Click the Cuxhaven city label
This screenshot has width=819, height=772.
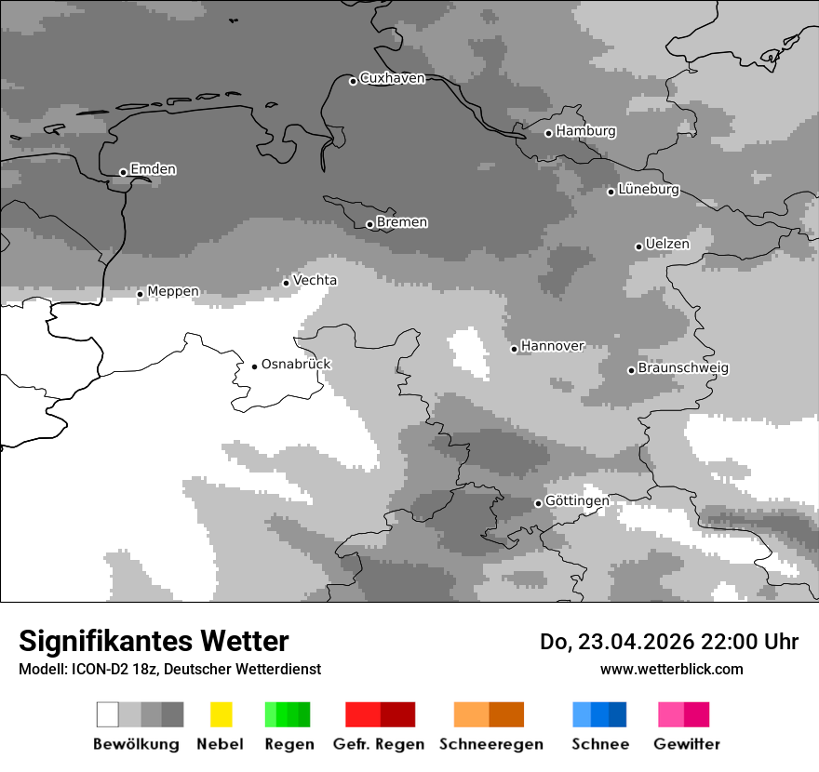pos(392,78)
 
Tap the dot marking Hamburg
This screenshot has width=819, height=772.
pos(548,133)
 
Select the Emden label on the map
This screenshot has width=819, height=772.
pos(153,169)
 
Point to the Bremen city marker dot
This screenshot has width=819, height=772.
pos(369,224)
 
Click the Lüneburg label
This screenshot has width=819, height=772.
pos(649,190)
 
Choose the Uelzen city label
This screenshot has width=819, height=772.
pos(667,245)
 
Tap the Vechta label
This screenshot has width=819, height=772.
pos(315,280)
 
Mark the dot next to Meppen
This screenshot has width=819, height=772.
pos(140,294)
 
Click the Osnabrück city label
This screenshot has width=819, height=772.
pos(296,365)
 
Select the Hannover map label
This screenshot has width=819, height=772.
pos(552,346)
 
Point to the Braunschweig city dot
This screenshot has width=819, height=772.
pos(631,370)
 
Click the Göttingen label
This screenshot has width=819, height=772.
pos(577,501)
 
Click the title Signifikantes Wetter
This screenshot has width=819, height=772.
pos(154,641)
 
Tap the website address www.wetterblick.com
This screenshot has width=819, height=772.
pos(671,669)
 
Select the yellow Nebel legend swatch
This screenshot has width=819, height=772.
pos(221,714)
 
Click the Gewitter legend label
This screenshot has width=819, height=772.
pos(686,744)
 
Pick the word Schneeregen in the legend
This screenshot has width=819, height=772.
pos(490,744)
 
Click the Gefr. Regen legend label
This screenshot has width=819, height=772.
pos(378,744)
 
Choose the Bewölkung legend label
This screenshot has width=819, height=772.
pos(136,744)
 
